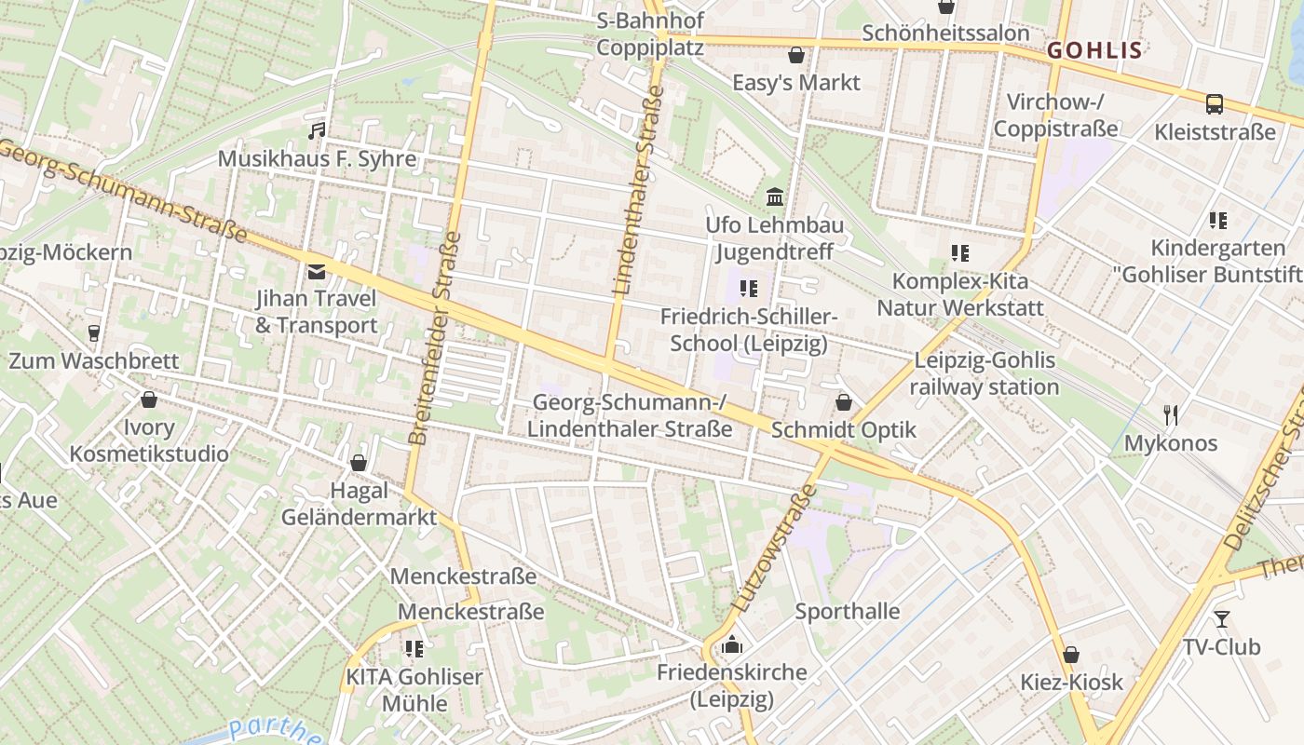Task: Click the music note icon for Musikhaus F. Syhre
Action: (317, 130)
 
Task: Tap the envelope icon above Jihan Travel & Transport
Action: (317, 271)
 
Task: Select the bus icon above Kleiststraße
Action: (1215, 103)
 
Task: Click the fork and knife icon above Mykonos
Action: (1171, 414)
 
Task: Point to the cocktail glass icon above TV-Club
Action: (1221, 618)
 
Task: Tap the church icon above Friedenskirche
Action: (732, 643)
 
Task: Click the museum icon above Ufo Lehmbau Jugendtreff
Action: (774, 196)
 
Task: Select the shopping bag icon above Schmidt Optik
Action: (843, 402)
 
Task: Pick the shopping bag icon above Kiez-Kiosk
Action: (1071, 654)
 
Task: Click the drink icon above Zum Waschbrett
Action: (93, 332)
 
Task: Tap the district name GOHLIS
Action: (1094, 50)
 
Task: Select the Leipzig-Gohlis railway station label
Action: (985, 373)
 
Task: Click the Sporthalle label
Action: (847, 612)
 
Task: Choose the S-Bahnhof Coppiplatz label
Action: (650, 34)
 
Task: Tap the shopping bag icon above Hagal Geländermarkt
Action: (359, 463)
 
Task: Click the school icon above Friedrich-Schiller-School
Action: (748, 289)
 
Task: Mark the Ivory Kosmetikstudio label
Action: (149, 440)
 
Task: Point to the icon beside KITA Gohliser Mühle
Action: (414, 648)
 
